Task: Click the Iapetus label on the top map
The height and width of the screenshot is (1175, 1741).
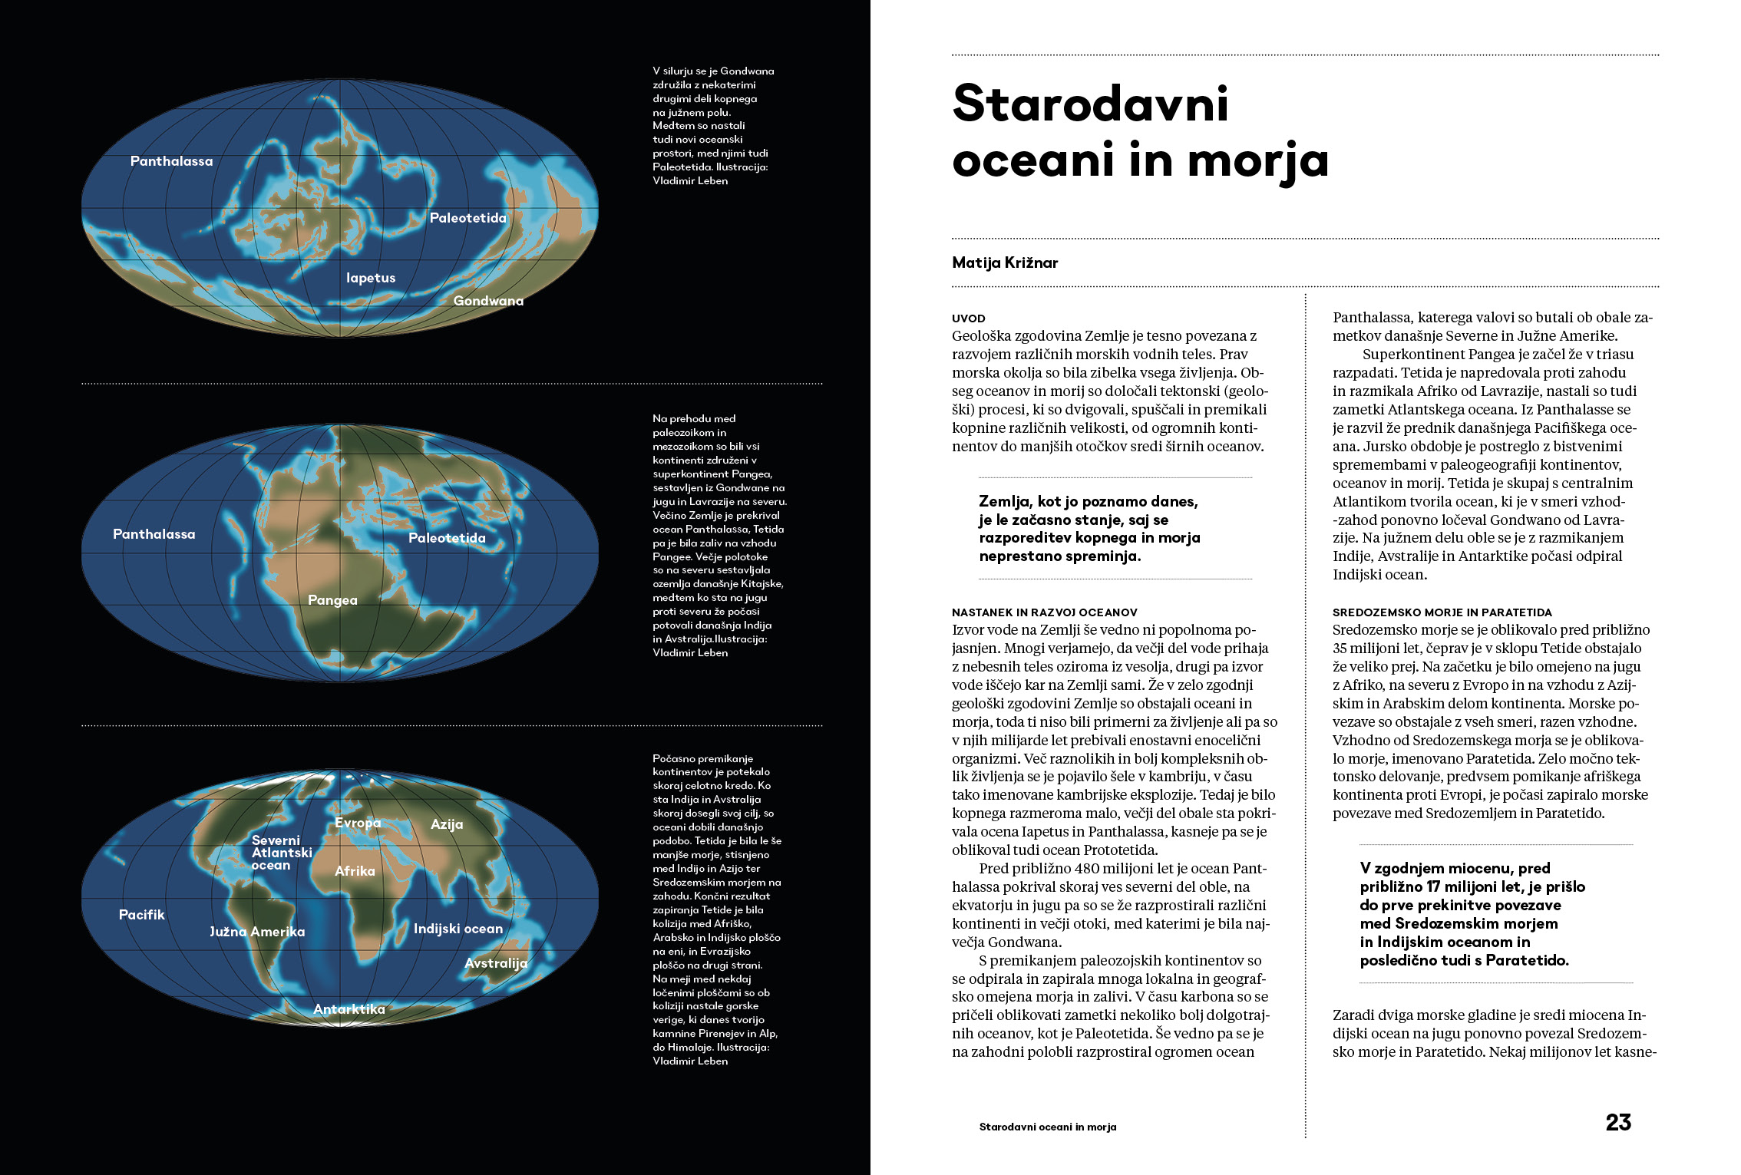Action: [371, 278]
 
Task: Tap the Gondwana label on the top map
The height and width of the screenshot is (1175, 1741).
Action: [488, 301]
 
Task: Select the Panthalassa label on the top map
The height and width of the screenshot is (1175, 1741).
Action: [171, 161]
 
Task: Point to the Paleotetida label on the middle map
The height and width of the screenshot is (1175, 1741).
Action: [447, 538]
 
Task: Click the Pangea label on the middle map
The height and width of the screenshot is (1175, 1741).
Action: [332, 600]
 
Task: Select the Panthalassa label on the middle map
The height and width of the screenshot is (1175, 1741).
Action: [154, 534]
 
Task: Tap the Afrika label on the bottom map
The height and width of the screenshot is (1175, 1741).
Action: [355, 871]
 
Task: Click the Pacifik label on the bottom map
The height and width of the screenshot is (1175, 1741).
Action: [141, 915]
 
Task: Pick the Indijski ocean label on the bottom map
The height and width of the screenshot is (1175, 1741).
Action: [458, 929]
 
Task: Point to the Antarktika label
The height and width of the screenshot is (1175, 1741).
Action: [349, 1009]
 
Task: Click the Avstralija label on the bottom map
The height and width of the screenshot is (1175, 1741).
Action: [496, 963]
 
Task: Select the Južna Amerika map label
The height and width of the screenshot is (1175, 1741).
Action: [257, 932]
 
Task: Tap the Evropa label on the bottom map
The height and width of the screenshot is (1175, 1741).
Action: [358, 823]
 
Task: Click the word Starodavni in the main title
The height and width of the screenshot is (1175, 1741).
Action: [1090, 104]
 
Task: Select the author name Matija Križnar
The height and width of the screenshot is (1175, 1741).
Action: [1005, 262]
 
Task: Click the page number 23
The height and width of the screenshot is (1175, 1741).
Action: [1618, 1122]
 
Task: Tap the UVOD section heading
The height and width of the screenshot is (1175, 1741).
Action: [968, 319]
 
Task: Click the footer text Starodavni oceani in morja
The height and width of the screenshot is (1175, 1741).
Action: [1047, 1127]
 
